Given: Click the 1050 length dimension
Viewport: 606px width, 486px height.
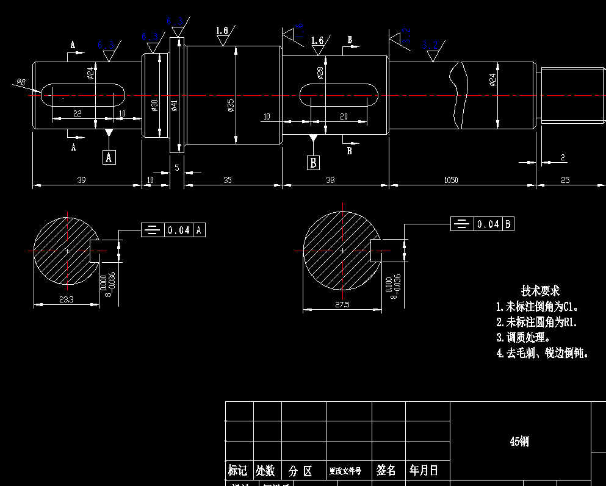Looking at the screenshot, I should [451, 180].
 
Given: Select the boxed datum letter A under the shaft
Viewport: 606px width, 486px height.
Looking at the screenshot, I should [109, 157].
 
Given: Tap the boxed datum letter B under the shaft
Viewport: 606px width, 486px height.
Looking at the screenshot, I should [313, 162].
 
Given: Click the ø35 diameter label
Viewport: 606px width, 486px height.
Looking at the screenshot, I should [231, 105].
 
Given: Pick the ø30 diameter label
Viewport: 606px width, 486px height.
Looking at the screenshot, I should [155, 105].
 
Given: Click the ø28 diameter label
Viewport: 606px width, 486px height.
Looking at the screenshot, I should [320, 73].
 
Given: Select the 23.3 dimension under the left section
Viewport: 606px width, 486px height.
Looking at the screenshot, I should [66, 299].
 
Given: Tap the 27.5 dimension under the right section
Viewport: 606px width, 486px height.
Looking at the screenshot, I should [342, 305].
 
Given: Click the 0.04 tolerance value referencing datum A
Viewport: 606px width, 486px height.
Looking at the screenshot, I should [179, 230].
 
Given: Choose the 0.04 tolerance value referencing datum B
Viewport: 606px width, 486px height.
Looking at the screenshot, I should [488, 224].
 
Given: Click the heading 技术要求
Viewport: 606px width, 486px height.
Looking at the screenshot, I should [540, 291].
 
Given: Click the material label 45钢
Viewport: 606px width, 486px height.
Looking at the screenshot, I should [519, 441].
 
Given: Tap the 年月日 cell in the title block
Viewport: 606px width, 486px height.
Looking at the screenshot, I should [424, 470].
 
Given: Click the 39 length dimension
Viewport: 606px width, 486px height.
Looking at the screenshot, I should [81, 180].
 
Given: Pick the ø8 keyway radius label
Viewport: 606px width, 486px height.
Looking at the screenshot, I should [20, 82].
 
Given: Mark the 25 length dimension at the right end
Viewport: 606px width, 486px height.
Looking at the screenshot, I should [565, 180].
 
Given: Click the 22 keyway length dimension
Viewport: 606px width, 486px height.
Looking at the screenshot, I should [77, 113].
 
